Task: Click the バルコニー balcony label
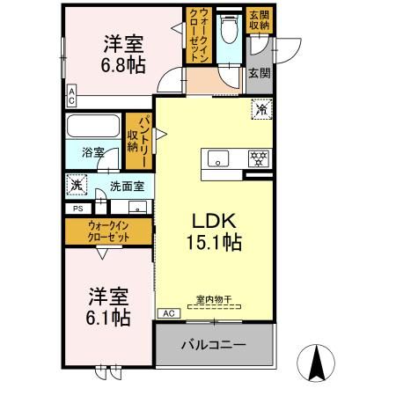[214, 344]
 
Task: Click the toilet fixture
[228, 32]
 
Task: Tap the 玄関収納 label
[259, 19]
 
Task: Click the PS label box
[77, 209]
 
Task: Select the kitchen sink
[217, 159]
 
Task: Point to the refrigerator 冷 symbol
[262, 111]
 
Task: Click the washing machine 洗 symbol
[77, 186]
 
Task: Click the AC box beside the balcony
[165, 312]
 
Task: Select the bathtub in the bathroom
[93, 127]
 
